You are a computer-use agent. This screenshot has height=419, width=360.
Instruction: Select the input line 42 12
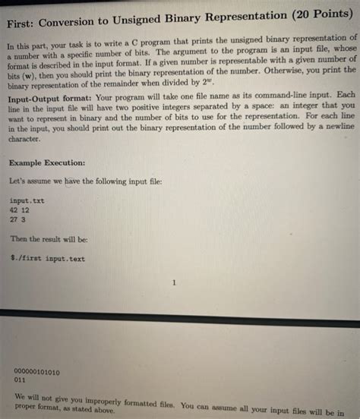pos(21,210)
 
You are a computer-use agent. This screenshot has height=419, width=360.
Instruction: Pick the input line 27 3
pos(19,219)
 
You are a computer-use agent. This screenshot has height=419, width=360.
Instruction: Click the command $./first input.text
pos(49,258)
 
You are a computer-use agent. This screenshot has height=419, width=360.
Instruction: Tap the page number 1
pos(175,283)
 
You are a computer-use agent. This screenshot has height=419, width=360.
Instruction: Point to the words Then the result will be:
pos(49,239)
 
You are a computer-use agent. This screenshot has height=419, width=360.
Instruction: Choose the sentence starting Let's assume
pos(86,182)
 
